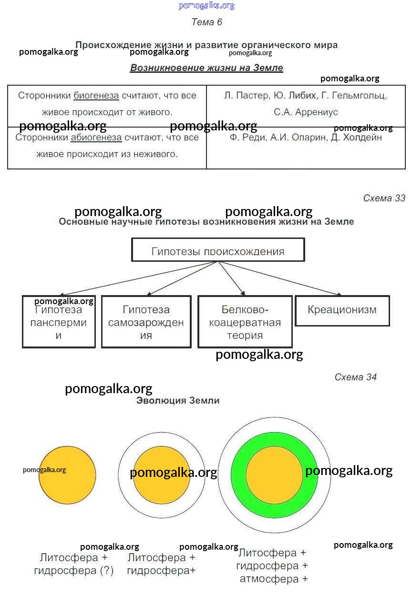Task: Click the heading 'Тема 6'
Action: pos(206,22)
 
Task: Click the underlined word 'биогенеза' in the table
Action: pos(96,96)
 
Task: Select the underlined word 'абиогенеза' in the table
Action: pos(96,138)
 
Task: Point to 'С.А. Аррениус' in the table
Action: pos(306,112)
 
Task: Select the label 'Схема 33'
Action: pos(384,198)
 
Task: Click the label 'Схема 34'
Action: pos(355,377)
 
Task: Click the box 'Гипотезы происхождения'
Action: pos(218,250)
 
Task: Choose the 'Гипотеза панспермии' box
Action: pos(59,322)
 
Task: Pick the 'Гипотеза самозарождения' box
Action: pos(146,322)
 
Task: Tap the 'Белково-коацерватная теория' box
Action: pos(245,322)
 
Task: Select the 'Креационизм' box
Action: pos(342,310)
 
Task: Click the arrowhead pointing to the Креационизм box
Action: pos(338,295)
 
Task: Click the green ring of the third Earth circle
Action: pos(238,476)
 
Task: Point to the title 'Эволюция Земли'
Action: pos(178,401)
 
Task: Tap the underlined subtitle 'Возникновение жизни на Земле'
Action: pos(206,68)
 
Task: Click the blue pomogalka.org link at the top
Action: pos(206,6)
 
